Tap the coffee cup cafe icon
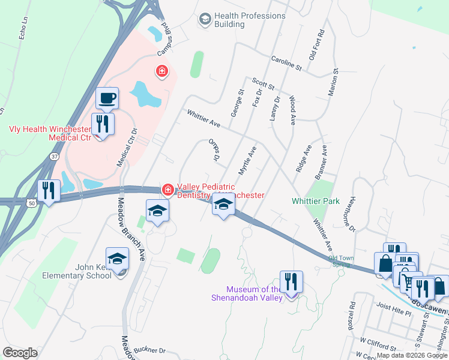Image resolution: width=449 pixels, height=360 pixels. tap(107, 98)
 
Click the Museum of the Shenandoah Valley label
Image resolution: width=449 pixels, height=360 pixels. tap(246, 293)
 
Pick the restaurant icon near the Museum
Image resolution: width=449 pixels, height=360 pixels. tap(291, 282)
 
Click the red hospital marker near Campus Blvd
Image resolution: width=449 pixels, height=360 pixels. tap(161, 73)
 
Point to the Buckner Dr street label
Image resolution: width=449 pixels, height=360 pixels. tap(149, 350)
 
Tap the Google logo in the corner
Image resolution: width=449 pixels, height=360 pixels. tap(20, 352)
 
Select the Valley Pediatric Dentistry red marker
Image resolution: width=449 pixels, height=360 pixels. tap(168, 190)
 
